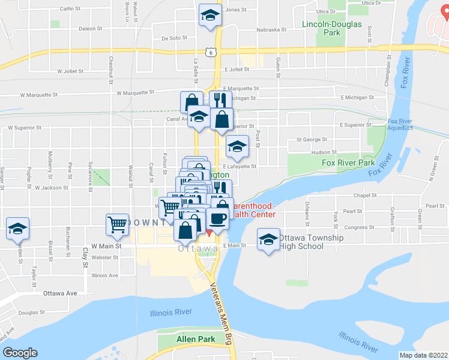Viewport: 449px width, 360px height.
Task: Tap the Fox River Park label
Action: click(348, 163)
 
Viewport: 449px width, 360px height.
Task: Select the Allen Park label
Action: click(196, 339)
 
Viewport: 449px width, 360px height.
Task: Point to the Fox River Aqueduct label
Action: click(401, 125)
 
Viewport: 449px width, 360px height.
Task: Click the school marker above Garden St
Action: click(18, 229)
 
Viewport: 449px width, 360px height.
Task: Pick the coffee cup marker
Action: click(218, 218)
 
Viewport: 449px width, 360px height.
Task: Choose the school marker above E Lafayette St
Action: click(237, 146)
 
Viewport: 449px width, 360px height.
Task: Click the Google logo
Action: click(20, 353)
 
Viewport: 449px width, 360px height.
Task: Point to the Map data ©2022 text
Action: click(424, 355)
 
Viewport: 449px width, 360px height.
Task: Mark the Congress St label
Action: click(361, 227)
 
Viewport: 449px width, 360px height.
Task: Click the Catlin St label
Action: click(70, 9)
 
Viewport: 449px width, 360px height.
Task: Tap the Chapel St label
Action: click(364, 195)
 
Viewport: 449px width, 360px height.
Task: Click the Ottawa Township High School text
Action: click(312, 242)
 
